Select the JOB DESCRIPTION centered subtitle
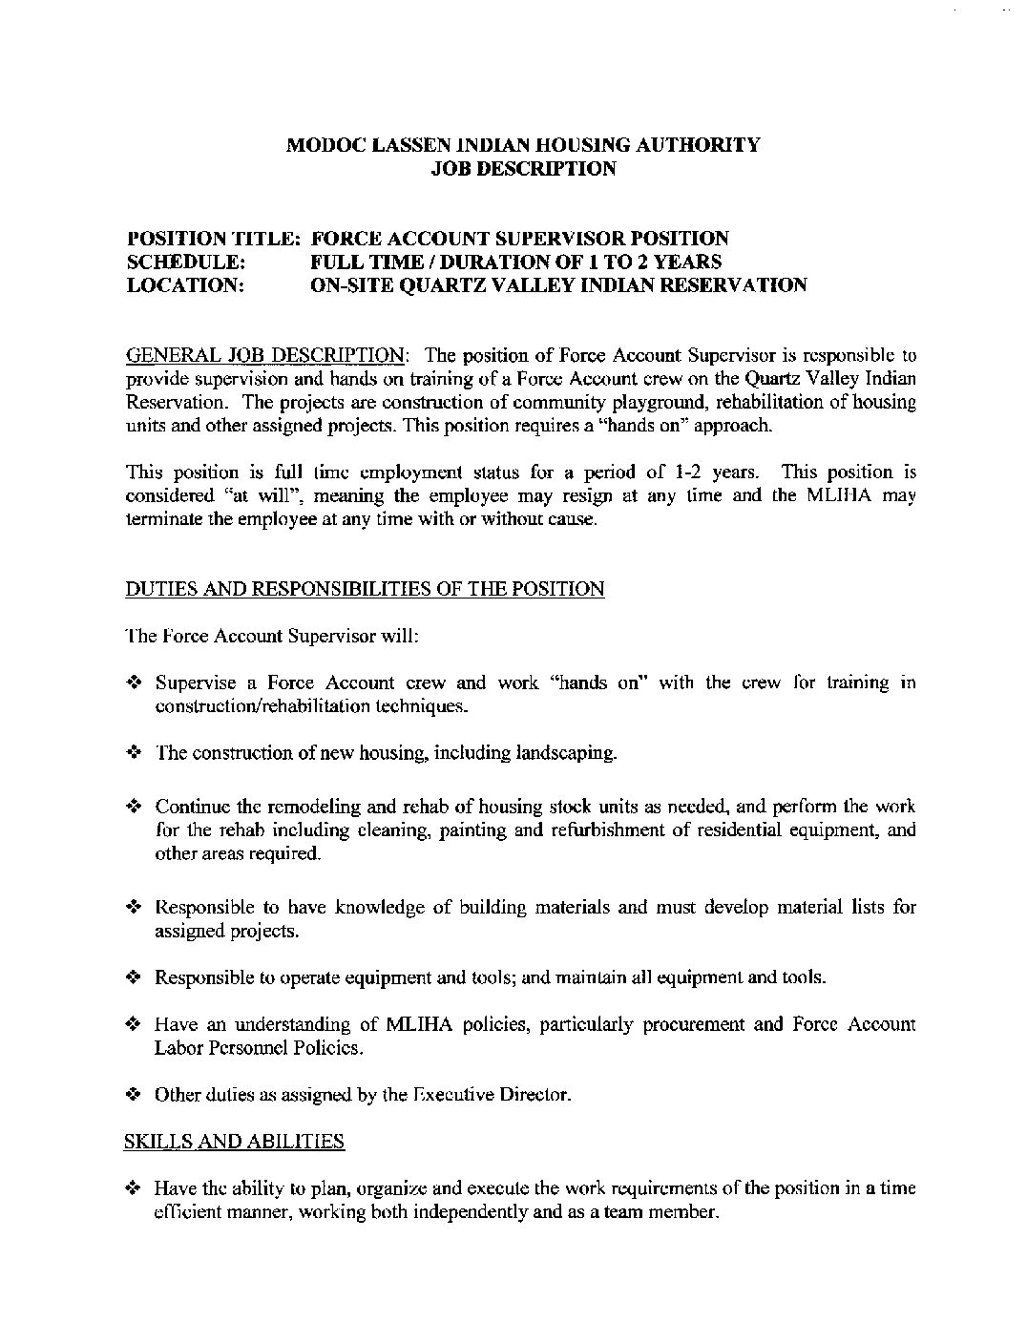524,169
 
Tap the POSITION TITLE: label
215,238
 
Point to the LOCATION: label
185,284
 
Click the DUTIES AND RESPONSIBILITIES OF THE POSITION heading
365,589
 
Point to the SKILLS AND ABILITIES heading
235,1141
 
